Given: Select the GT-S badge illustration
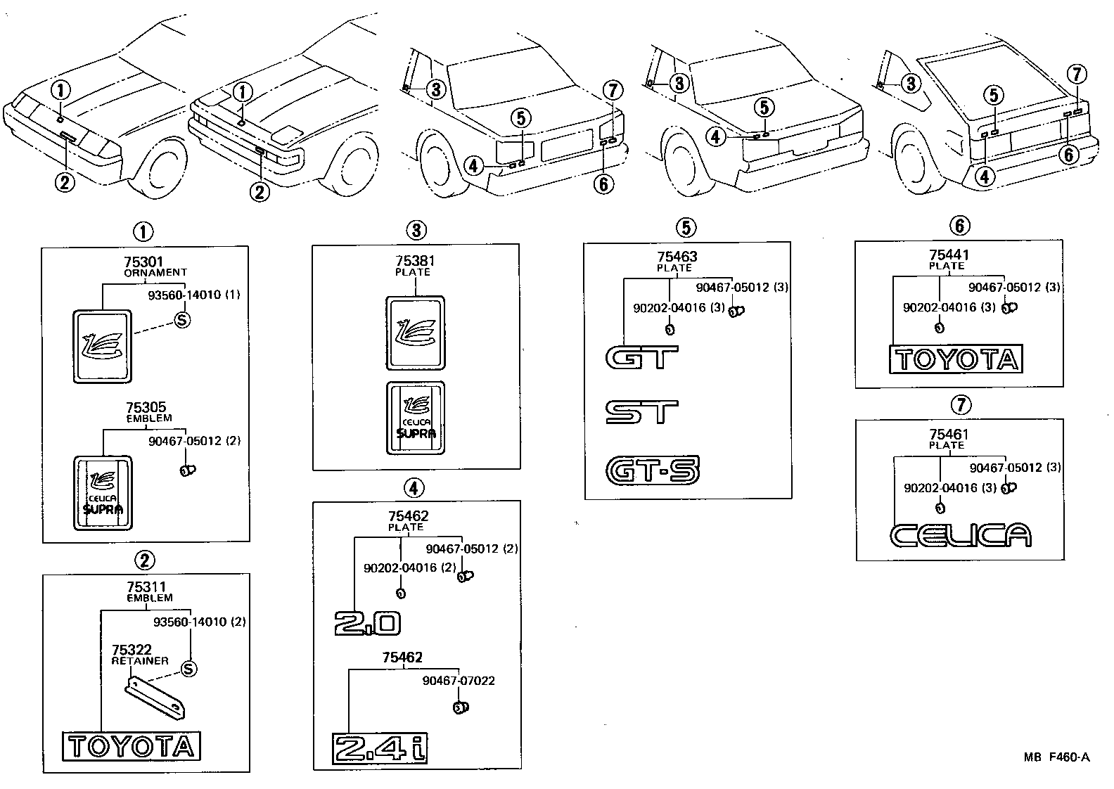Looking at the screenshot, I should (x=653, y=470).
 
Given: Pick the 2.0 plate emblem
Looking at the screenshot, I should (x=368, y=623).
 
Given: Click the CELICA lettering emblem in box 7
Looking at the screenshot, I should (x=961, y=535).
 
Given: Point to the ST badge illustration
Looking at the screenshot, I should (x=642, y=413).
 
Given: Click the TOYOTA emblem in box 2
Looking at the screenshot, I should (x=132, y=746).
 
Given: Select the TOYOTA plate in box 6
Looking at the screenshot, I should (x=956, y=359).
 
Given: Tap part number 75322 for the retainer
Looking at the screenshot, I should (x=131, y=650).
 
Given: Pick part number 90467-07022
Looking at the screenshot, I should (x=459, y=681).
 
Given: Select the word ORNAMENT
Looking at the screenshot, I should (x=155, y=272).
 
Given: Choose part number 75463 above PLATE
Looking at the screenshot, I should (x=677, y=257).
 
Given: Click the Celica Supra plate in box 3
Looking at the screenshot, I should (x=416, y=418).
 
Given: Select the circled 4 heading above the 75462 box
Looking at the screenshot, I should (x=415, y=487).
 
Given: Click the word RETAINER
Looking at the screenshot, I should (x=140, y=660).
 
